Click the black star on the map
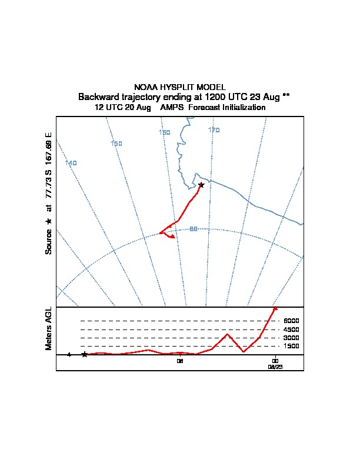[201, 185]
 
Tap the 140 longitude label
[71, 163]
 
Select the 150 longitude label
[116, 144]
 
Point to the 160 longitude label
[165, 132]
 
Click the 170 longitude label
[214, 130]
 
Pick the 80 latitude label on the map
[193, 229]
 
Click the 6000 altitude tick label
[291, 321]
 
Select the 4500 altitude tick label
[291, 329]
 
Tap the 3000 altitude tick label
[291, 338]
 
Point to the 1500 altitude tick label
[291, 346]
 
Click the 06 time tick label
[181, 361]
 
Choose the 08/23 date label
[275, 366]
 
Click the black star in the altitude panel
[85, 354]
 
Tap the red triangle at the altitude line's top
[275, 308]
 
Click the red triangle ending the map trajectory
[173, 237]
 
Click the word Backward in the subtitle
[98, 96]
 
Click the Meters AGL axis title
[48, 328]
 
